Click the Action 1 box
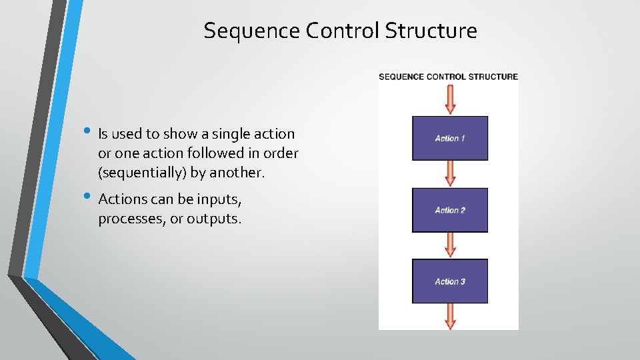pyautogui.click(x=450, y=138)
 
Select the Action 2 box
pyautogui.click(x=450, y=210)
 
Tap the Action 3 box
pyautogui.click(x=450, y=281)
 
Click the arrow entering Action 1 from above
pyautogui.click(x=450, y=99)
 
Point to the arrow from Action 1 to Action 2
pyautogui.click(x=450, y=173)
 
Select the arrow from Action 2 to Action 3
pyautogui.click(x=450, y=245)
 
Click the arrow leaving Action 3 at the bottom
pyautogui.click(x=450, y=315)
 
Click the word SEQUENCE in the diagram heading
pyautogui.click(x=401, y=77)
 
